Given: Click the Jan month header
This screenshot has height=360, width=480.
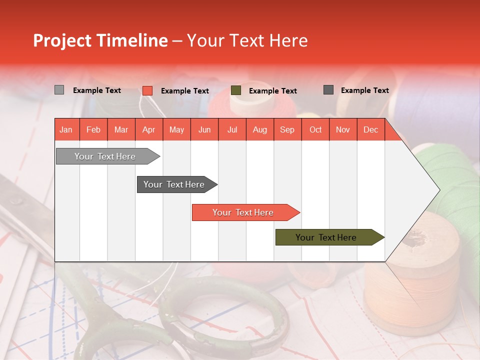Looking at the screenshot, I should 66,129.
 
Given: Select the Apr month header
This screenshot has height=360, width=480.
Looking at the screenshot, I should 148,129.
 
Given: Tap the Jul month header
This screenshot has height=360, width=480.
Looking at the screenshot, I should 232,129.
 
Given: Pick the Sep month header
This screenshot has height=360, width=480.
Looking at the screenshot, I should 287,129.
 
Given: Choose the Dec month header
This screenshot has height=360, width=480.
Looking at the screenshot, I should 370,129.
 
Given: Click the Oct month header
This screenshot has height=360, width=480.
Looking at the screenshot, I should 315,129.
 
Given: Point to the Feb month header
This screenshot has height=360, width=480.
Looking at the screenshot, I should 93,129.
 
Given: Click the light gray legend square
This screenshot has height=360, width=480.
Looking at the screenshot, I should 59,90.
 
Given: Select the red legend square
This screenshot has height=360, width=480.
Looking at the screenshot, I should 147,90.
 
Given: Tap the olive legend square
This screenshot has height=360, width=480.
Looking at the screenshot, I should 236,90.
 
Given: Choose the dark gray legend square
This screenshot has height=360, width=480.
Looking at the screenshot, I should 328,90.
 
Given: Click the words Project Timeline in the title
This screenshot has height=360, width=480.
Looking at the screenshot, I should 100,40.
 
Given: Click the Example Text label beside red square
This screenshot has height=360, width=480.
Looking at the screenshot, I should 184,91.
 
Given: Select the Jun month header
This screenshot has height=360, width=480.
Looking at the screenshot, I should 204,129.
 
